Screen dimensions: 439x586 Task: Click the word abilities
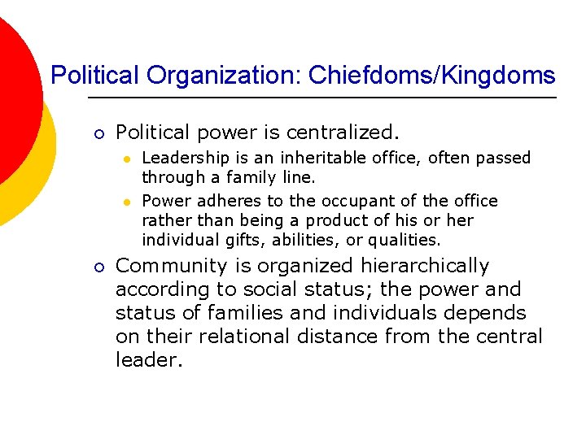coord(310,240)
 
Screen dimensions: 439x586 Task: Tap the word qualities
coord(402,240)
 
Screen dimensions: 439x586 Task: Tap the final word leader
coord(147,360)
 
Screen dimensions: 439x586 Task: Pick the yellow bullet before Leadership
coord(128,159)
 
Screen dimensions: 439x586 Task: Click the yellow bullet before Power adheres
coord(128,201)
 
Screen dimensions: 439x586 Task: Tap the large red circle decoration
coord(12,89)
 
